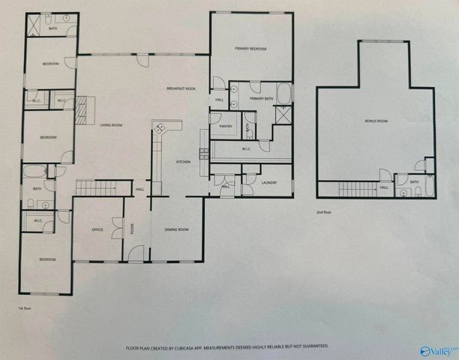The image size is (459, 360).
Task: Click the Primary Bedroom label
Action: point(250,49)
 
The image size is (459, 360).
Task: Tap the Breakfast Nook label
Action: point(181,89)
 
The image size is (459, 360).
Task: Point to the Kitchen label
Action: point(183,162)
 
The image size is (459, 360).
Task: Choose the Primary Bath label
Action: point(261,98)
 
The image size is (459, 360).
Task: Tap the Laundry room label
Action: point(270,183)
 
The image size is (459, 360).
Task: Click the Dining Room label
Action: point(177,229)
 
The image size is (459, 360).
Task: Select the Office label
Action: point(97,229)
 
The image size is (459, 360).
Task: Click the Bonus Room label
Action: point(376,121)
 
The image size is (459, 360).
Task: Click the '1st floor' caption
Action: point(25,307)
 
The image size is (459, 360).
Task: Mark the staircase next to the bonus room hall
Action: point(355,189)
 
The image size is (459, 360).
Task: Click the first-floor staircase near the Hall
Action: point(97,187)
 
